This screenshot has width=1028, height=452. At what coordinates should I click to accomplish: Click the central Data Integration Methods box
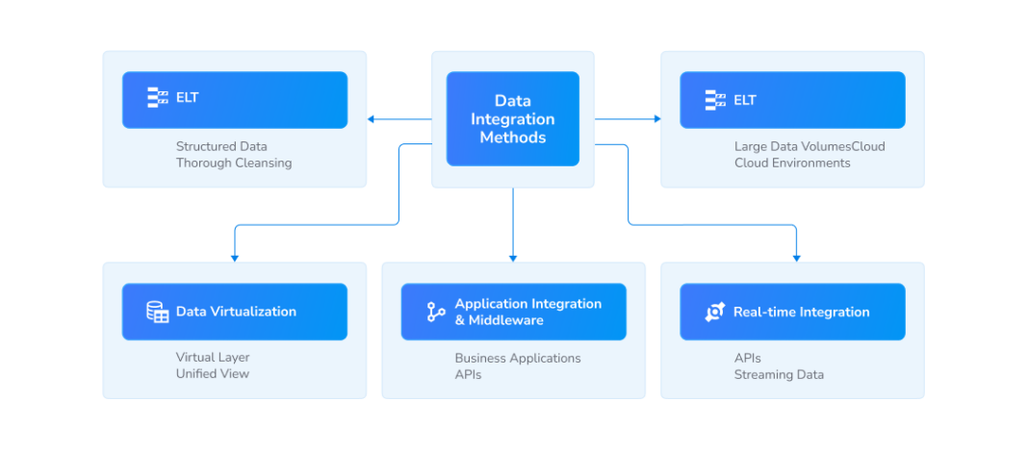tap(512, 118)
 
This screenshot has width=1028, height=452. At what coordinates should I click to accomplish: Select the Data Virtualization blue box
tap(235, 312)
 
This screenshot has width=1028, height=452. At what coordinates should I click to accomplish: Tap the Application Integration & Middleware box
tap(513, 312)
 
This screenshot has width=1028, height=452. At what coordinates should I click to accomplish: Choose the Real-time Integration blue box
tap(792, 312)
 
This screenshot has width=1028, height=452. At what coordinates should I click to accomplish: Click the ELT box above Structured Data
tap(235, 99)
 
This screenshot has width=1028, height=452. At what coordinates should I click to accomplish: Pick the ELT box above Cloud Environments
tap(792, 99)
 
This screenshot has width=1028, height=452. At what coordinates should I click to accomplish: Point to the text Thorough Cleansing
tap(233, 163)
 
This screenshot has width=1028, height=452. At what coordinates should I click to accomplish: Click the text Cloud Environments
tap(792, 163)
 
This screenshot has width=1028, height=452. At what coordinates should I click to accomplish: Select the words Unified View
tap(212, 374)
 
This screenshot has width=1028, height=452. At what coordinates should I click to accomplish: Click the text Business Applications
tap(518, 359)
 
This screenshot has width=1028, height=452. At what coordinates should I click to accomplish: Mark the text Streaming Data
tap(779, 375)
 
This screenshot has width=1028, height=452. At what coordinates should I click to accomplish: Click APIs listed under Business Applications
tap(468, 375)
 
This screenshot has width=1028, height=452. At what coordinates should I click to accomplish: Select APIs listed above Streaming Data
tap(747, 359)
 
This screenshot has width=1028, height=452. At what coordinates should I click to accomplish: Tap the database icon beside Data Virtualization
tap(157, 312)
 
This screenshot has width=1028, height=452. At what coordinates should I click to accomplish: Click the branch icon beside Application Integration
tap(436, 312)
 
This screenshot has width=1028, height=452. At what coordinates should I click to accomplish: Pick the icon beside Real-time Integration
tap(714, 312)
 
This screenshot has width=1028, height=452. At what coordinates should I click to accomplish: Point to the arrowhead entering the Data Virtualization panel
tap(235, 258)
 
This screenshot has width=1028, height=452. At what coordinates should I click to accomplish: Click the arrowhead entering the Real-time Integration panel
tap(796, 258)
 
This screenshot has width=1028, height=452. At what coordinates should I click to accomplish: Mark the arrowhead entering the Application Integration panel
tap(513, 258)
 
